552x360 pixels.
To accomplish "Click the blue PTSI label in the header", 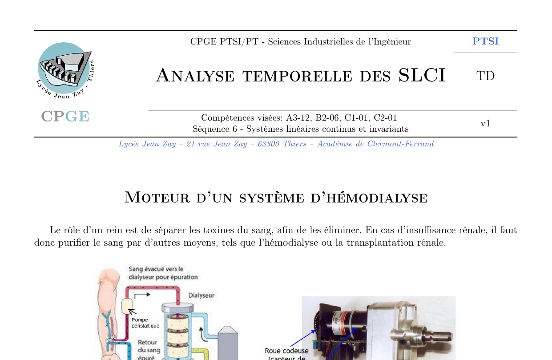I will (x=485, y=41).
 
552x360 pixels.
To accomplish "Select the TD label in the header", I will (x=485, y=76).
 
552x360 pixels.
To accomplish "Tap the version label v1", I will (x=485, y=123).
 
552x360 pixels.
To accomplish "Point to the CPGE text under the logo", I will (x=65, y=117).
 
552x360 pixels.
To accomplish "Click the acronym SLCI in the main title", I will (x=422, y=76).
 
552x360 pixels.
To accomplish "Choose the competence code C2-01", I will (x=385, y=118).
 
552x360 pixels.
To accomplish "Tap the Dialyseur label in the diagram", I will (x=201, y=295).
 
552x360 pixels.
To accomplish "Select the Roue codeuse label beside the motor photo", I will (x=286, y=351).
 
